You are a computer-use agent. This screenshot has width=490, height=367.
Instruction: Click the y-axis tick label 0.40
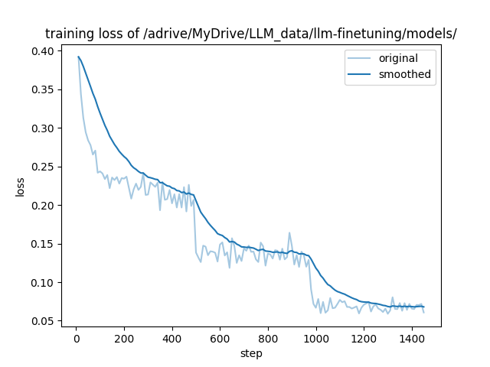[x=44, y=51]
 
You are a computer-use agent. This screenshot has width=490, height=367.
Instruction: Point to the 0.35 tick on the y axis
[x=44, y=89]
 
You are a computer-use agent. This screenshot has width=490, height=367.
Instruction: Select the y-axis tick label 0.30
[x=44, y=128]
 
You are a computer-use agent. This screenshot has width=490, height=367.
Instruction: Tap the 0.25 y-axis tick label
[x=44, y=167]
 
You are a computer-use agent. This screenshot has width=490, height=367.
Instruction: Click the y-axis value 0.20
[x=44, y=206]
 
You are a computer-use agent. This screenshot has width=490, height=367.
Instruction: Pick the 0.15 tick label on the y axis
[x=44, y=244]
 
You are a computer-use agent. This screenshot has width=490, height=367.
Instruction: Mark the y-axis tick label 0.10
[x=44, y=283]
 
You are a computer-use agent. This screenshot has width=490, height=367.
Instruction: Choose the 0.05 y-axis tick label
[x=44, y=321]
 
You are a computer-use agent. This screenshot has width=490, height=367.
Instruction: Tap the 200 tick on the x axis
[x=124, y=338]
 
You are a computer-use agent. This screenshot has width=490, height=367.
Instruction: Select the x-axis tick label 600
[x=220, y=338]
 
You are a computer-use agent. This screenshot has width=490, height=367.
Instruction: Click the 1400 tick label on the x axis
[x=412, y=338]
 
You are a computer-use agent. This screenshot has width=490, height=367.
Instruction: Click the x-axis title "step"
[x=251, y=353]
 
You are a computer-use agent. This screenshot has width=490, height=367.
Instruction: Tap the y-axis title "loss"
[x=21, y=187]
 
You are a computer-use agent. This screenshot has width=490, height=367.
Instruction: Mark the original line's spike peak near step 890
[x=289, y=232]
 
